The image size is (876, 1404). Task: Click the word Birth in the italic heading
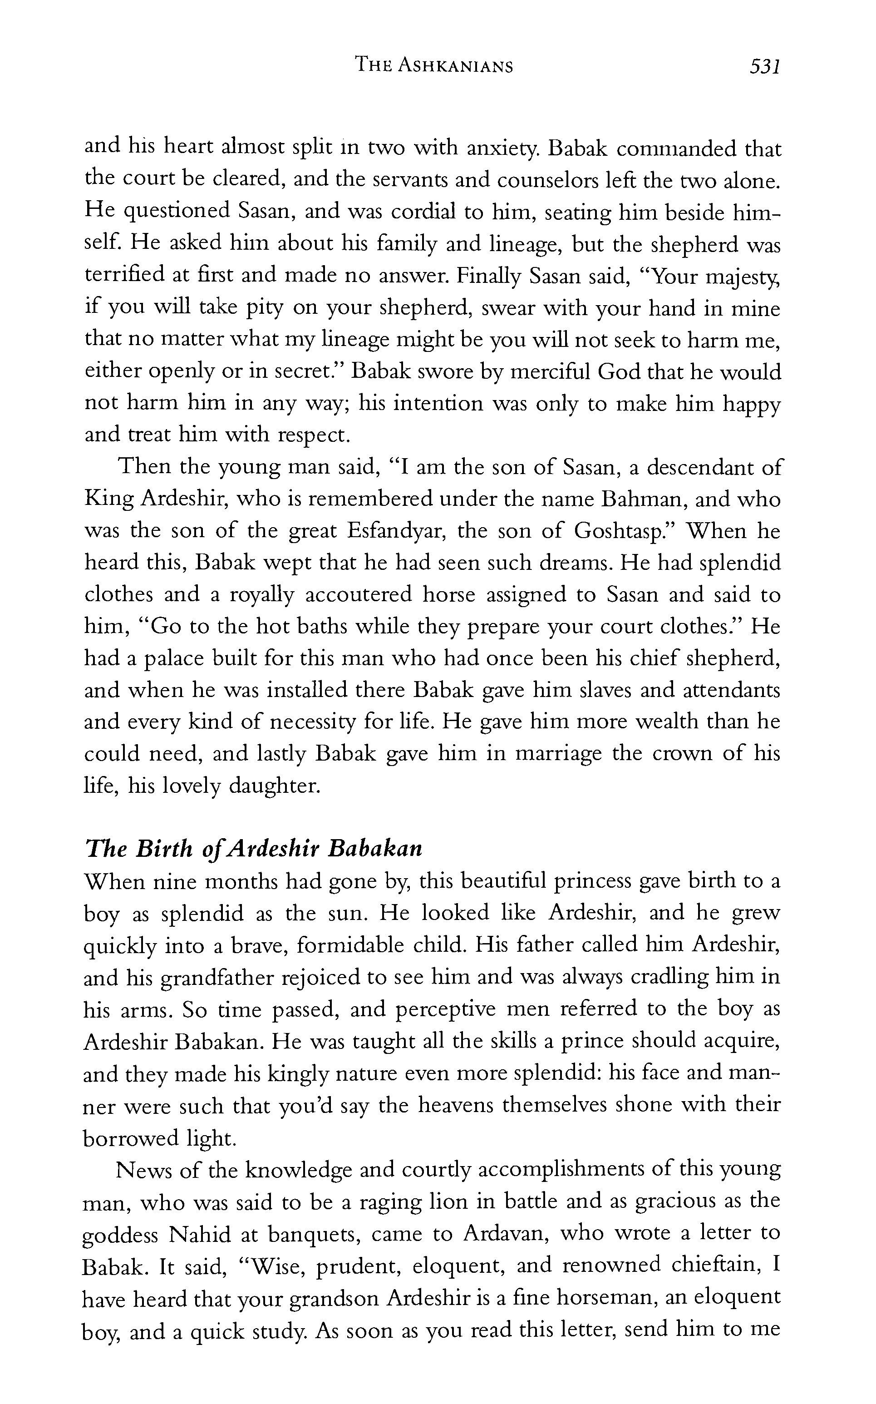coord(164,848)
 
